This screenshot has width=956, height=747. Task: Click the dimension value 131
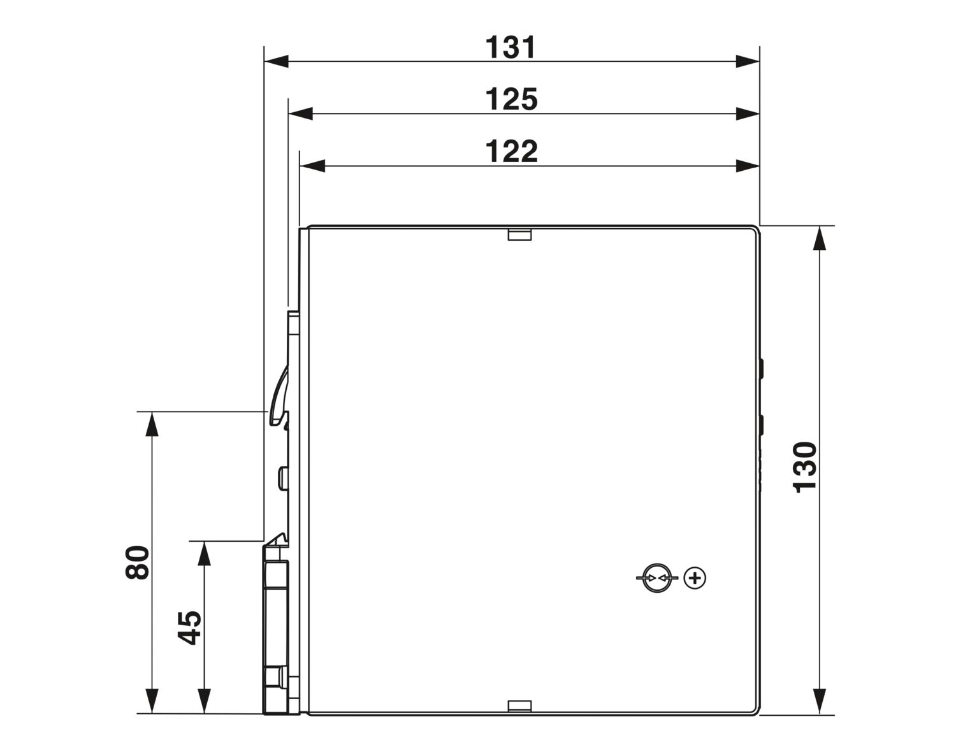click(511, 47)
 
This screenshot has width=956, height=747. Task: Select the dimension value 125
click(511, 99)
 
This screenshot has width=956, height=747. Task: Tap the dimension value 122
click(511, 151)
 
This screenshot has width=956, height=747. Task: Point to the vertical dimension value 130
click(805, 467)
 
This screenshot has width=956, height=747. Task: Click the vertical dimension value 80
click(137, 562)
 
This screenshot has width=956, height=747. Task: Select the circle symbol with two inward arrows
click(657, 577)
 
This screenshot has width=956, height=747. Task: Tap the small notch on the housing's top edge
click(519, 235)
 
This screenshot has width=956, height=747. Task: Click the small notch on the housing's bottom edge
click(519, 718)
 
